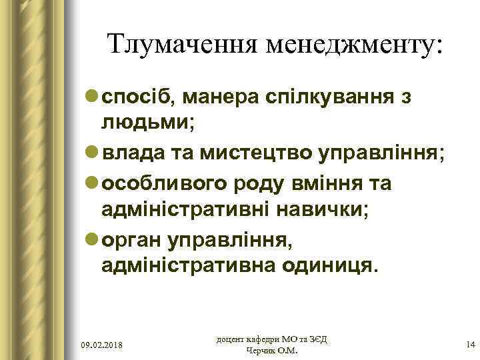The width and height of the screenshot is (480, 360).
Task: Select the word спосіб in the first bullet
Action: coord(136,98)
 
